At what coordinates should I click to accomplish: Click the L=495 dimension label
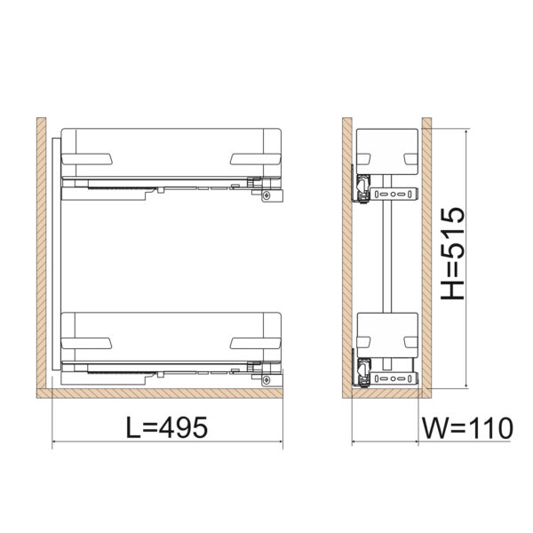167,427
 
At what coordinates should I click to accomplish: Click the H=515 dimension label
453,253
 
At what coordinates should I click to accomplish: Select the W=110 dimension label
467,428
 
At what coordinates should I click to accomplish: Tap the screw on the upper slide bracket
266,195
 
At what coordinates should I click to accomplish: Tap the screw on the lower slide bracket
266,379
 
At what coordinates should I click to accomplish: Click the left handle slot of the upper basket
87,159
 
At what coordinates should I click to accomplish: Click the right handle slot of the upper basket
256,159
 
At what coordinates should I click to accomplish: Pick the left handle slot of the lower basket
87,343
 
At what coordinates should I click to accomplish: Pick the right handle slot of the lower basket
256,343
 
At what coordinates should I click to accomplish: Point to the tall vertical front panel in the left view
57,254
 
